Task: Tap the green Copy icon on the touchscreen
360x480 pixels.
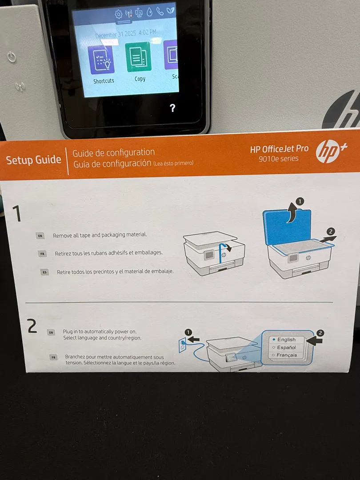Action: click(138, 57)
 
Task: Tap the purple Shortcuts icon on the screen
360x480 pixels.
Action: click(101, 60)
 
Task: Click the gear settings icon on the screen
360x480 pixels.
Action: click(119, 14)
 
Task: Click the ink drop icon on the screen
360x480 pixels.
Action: click(149, 12)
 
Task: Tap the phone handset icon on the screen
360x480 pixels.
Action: click(160, 11)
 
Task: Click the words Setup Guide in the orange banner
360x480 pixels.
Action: click(33, 160)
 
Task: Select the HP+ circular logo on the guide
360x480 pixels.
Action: click(328, 152)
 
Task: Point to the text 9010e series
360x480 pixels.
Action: click(278, 159)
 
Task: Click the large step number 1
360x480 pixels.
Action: click(16, 213)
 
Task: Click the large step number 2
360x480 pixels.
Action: click(32, 326)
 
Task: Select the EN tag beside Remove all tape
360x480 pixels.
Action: click(40, 236)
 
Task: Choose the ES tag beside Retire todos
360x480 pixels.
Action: click(45, 272)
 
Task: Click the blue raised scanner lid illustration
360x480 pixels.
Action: click(287, 227)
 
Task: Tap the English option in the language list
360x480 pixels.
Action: click(286, 340)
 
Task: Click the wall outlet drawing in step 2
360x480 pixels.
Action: click(183, 345)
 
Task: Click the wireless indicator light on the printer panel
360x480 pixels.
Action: click(20, 87)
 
